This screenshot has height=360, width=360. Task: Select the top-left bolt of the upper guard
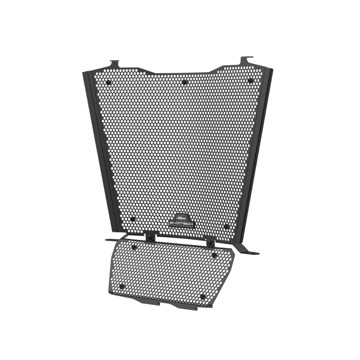point(108,82)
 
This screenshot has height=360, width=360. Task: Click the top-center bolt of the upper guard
point(184,82)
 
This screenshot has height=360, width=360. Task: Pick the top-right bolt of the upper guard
point(249,80)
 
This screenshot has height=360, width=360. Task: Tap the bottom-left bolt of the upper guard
point(133,219)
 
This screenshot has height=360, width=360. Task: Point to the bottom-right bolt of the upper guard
point(226,227)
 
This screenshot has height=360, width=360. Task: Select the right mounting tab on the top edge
point(247,60)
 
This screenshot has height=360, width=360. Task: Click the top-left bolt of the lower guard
point(134,247)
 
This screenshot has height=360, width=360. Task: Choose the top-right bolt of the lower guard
point(214,256)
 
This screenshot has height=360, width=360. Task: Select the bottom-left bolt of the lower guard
point(122,286)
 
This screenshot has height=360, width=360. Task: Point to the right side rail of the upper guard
point(257,150)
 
